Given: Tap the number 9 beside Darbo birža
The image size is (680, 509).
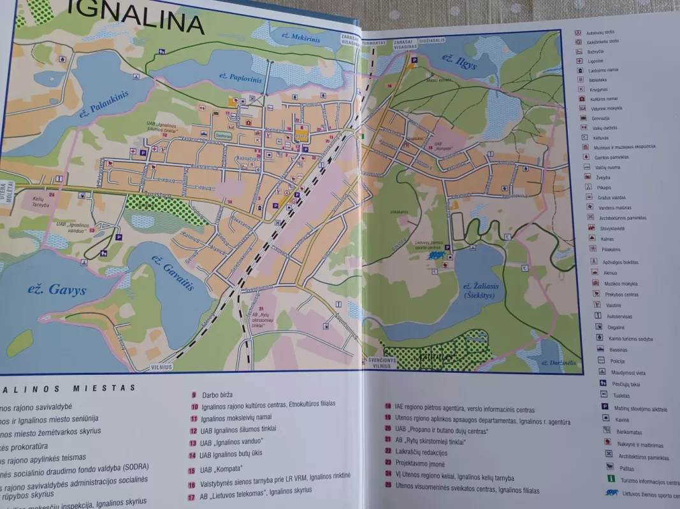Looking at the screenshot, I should point(193,394).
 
